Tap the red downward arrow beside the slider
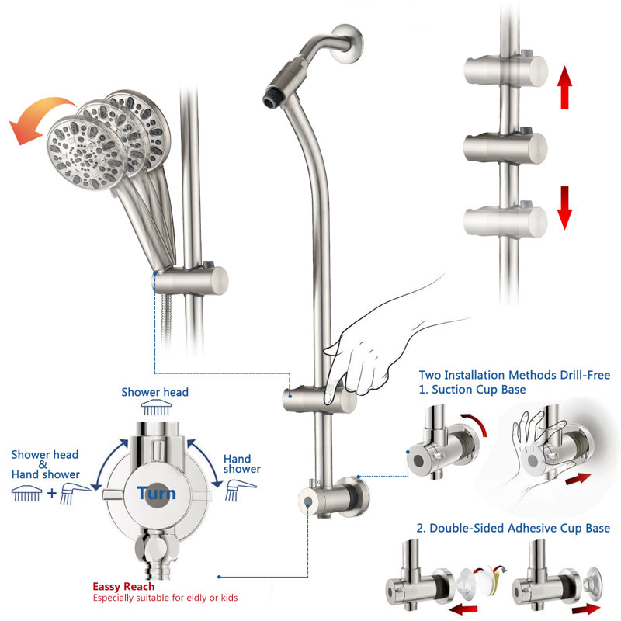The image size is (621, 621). [564, 206]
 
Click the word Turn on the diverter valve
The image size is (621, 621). [156, 493]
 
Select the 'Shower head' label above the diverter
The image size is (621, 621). [154, 392]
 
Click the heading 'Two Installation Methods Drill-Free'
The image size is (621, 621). [515, 375]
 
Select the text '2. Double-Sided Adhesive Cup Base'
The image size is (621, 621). [513, 529]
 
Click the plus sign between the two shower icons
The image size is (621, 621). [52, 491]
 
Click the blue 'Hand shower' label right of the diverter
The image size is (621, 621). [241, 464]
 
